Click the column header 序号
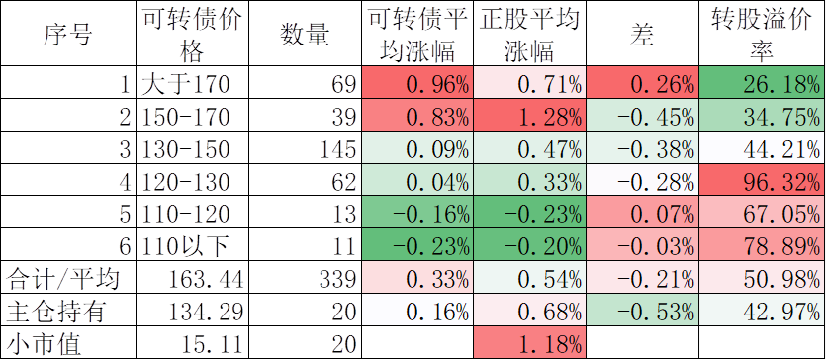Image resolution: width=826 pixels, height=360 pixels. tap(67, 35)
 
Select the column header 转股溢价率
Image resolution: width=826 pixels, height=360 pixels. tap(761, 35)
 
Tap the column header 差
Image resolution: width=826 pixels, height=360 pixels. tap(642, 35)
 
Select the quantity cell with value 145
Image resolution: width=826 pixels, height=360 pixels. tap(337, 149)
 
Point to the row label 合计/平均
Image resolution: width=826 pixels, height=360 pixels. tap(62, 280)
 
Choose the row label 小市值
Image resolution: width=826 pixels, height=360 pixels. tap(44, 345)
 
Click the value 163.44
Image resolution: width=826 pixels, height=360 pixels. tap(206, 280)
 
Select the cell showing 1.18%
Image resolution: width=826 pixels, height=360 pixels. tap(549, 345)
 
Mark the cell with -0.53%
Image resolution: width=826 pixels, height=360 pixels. tap(656, 313)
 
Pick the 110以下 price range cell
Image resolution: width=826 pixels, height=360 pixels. tap(185, 247)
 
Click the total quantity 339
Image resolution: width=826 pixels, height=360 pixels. tap(337, 280)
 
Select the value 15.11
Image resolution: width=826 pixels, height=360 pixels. tap(212, 345)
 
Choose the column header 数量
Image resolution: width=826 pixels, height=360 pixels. tap(305, 35)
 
